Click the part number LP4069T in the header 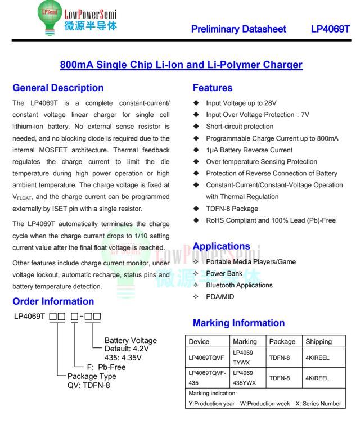[x=330, y=29]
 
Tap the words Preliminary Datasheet [x=238, y=29]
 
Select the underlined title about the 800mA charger [x=181, y=65]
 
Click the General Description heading [x=58, y=88]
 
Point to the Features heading [x=213, y=88]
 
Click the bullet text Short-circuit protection [x=240, y=127]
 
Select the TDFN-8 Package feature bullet [x=232, y=209]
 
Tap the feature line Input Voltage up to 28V [x=241, y=103]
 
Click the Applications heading [x=221, y=246]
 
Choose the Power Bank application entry [x=224, y=273]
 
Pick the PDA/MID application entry [x=220, y=297]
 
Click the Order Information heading [x=53, y=301]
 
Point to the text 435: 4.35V [x=123, y=357]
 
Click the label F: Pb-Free [x=106, y=367]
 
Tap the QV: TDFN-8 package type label [x=88, y=386]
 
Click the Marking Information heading [x=238, y=323]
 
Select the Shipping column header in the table [x=318, y=341]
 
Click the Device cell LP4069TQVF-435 [x=208, y=378]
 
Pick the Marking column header [x=245, y=341]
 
